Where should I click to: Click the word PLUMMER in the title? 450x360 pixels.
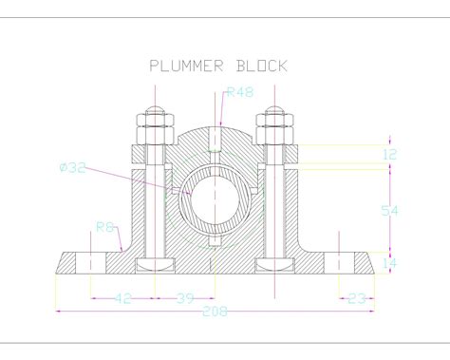(186, 66)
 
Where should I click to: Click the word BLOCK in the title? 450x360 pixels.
(262, 66)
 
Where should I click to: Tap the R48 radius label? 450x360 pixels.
(240, 92)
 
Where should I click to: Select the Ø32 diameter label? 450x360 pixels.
(73, 167)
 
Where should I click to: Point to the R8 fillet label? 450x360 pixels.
(104, 227)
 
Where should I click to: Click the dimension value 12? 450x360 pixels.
(390, 155)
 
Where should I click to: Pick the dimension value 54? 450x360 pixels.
(389, 211)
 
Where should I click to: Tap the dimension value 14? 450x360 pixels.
(390, 263)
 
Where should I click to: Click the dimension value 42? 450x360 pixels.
(122, 298)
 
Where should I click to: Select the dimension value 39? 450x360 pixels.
(185, 298)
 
